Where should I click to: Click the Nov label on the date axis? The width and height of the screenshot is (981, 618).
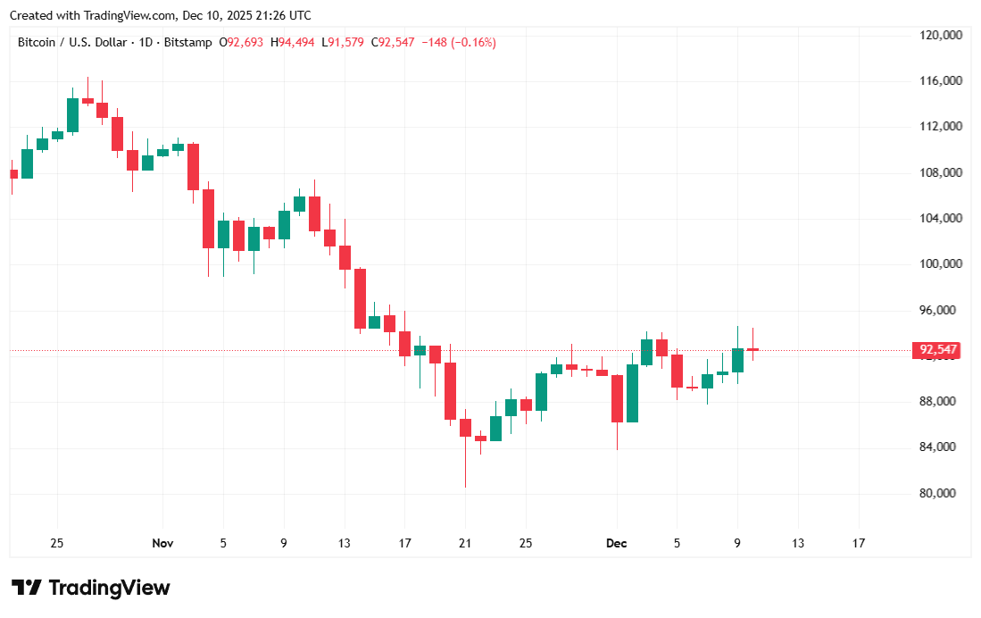(162, 543)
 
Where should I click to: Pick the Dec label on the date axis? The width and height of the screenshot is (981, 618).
(616, 543)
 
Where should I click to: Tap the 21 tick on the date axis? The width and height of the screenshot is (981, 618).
(465, 543)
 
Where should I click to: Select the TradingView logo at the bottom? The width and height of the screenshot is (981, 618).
(91, 588)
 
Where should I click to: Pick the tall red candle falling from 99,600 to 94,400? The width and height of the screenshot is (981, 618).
(360, 298)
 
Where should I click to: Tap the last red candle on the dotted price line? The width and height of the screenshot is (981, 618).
(752, 349)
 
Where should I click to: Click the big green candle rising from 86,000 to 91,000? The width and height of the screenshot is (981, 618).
(632, 393)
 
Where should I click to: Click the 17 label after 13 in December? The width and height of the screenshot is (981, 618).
(859, 543)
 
